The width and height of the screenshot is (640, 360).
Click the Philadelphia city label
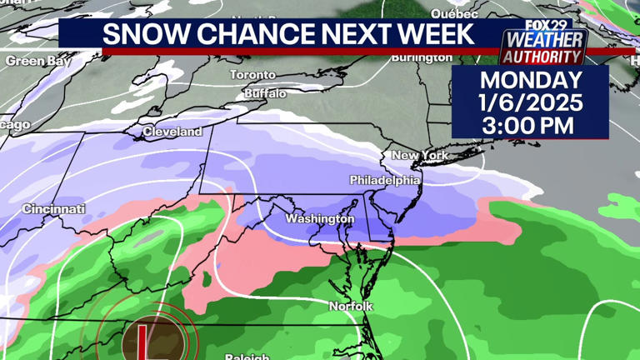coord(385,180)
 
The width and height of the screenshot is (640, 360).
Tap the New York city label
coord(420,156)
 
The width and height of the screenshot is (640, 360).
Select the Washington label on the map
coord(320,219)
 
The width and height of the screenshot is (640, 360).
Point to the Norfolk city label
coord(351,307)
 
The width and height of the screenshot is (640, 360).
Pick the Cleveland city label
coord(172,132)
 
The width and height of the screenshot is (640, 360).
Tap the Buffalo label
coord(265,93)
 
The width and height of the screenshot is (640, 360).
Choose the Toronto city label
coord(252,75)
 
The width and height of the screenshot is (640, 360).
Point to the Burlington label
coord(422,58)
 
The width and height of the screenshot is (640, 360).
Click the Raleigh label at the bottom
coord(247,356)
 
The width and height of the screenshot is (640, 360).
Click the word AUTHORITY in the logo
coord(542,57)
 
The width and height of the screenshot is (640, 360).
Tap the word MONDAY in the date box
coord(531,82)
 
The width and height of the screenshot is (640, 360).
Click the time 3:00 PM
coord(531,127)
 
